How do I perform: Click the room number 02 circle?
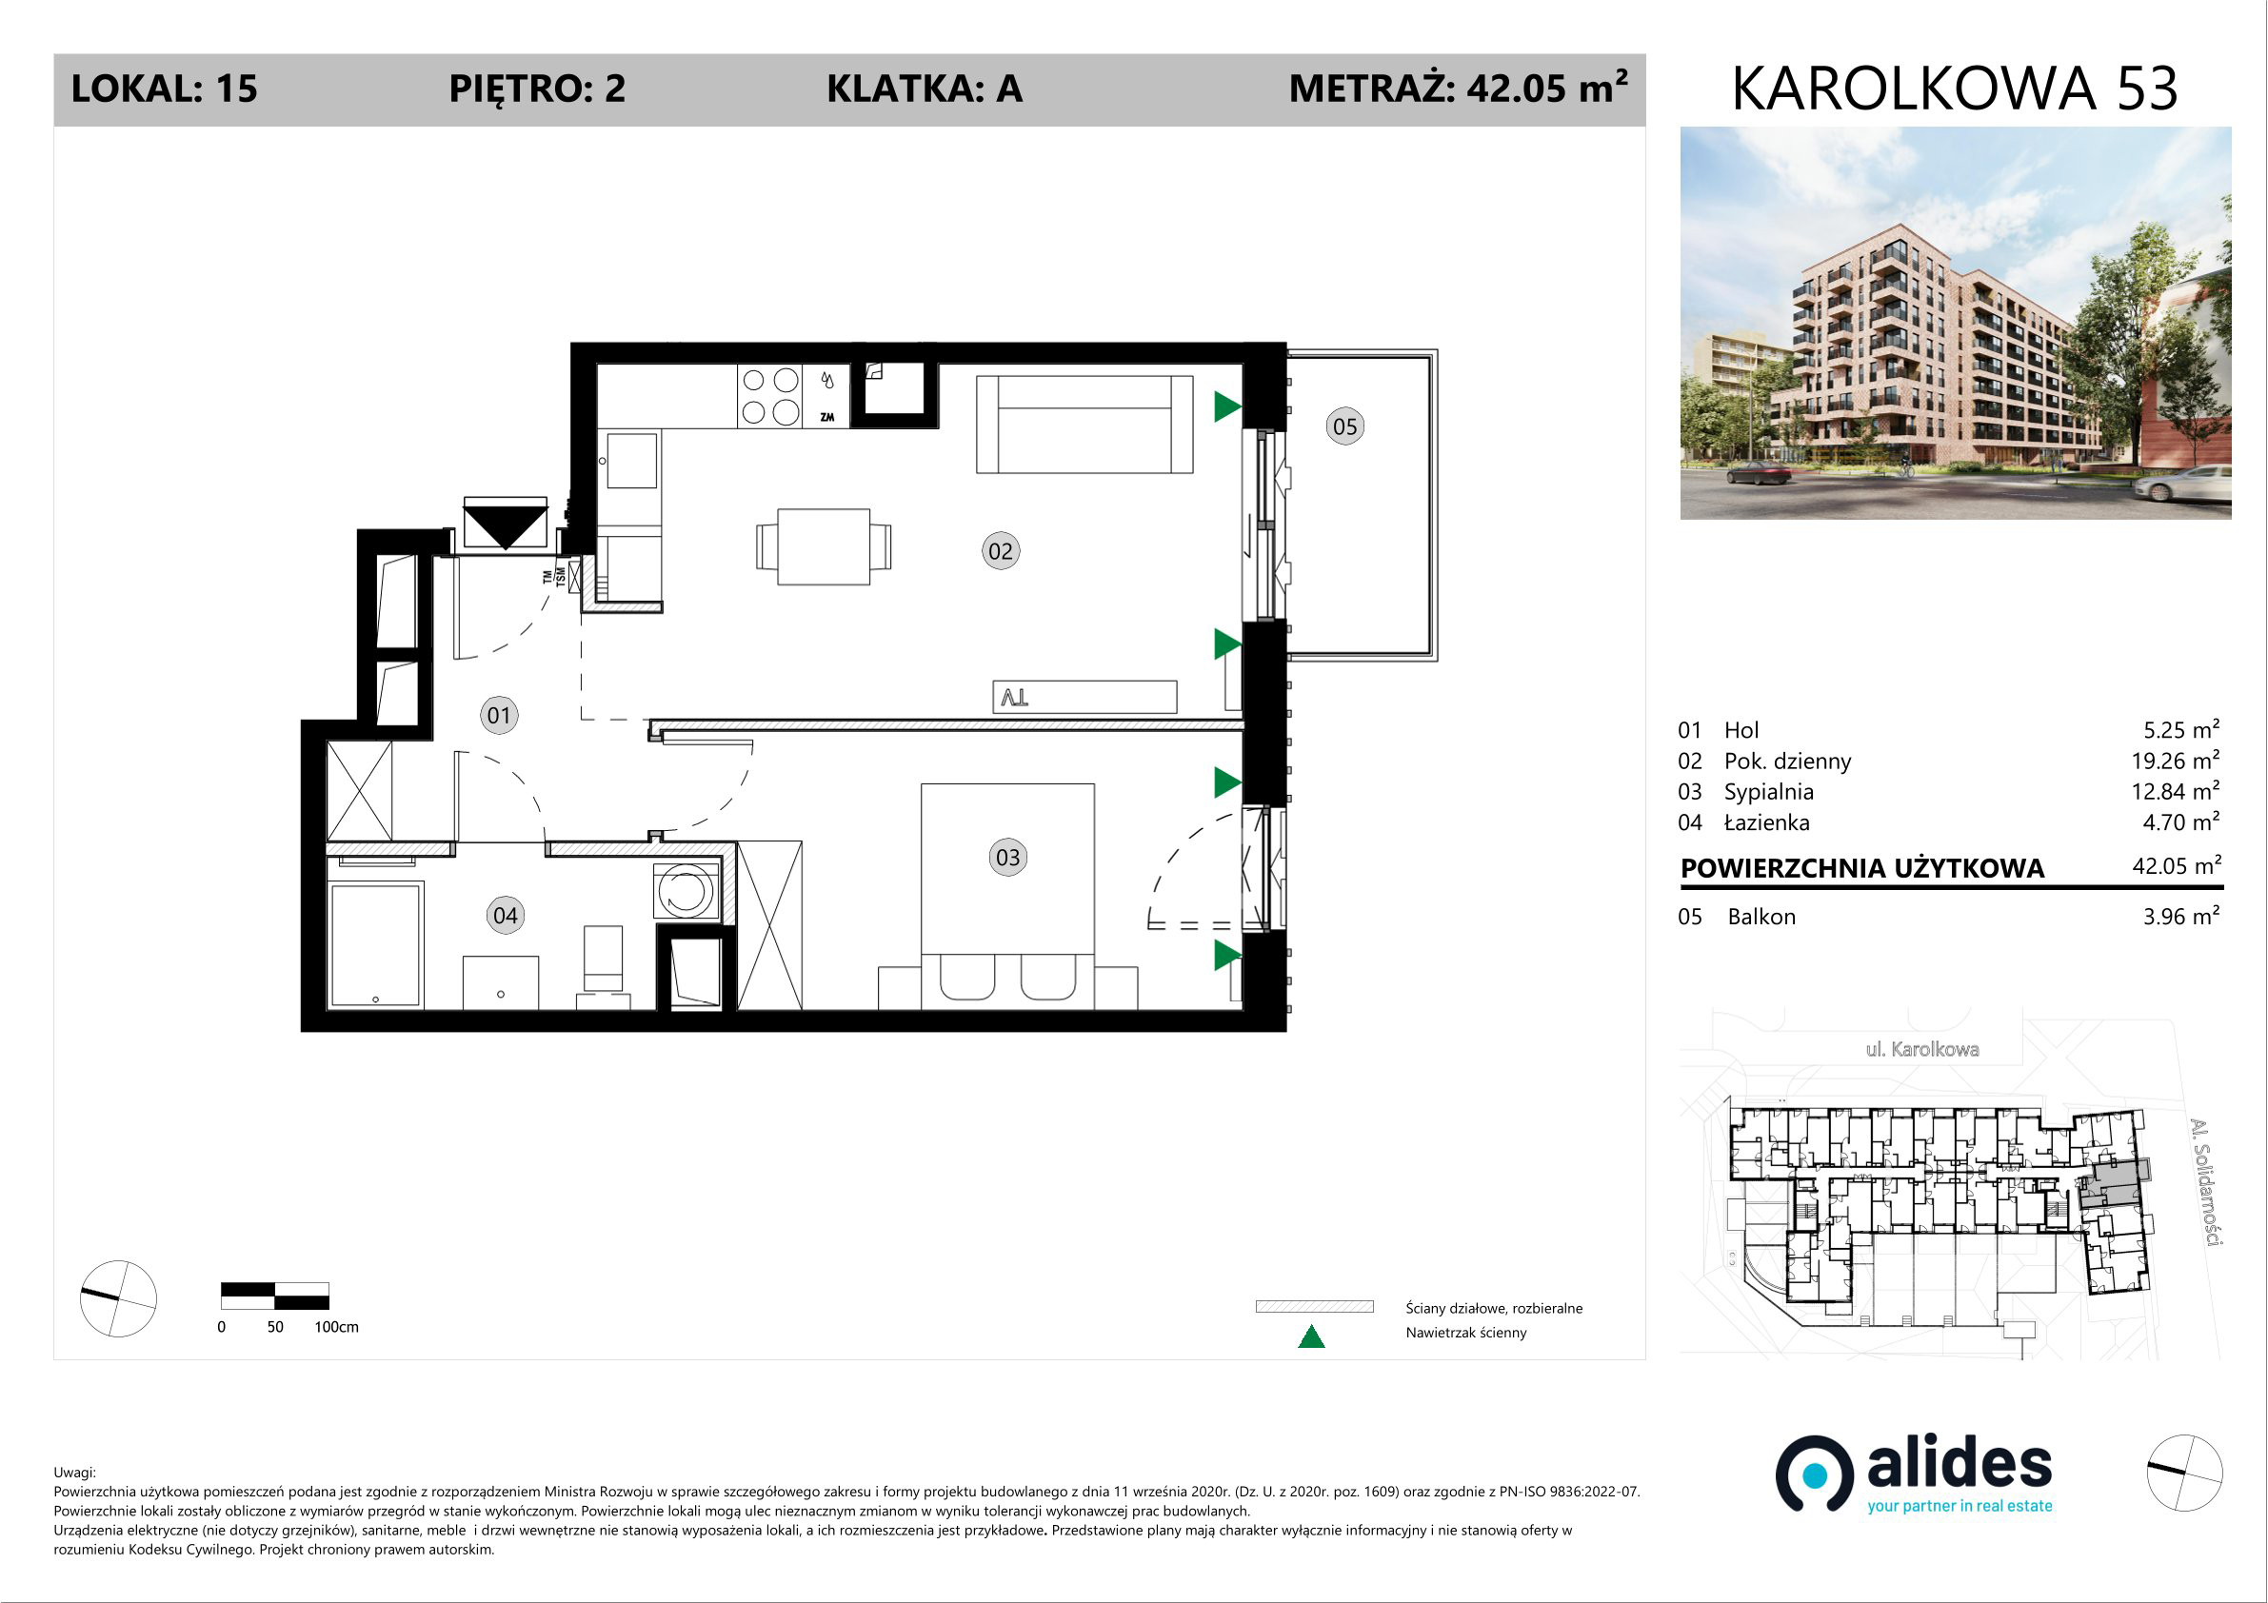[x=1001, y=551]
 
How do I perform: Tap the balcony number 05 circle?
[x=1344, y=426]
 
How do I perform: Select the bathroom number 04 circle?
[x=505, y=916]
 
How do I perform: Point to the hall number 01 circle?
[x=499, y=715]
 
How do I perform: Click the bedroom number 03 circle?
[x=1007, y=858]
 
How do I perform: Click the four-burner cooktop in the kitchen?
[x=770, y=396]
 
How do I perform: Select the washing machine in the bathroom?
[x=685, y=890]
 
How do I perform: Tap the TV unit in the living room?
[x=1084, y=696]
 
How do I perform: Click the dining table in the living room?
[x=824, y=547]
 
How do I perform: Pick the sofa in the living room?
[x=1084, y=424]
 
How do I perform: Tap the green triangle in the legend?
[x=1311, y=1336]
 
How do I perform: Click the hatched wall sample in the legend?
[x=1314, y=1307]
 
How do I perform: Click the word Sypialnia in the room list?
[x=1768, y=792]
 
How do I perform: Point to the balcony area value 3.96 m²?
[x=2181, y=916]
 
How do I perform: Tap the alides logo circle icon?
[x=1815, y=1474]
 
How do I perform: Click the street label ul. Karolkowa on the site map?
[x=1922, y=1049]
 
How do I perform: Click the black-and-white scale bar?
[x=274, y=1296]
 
